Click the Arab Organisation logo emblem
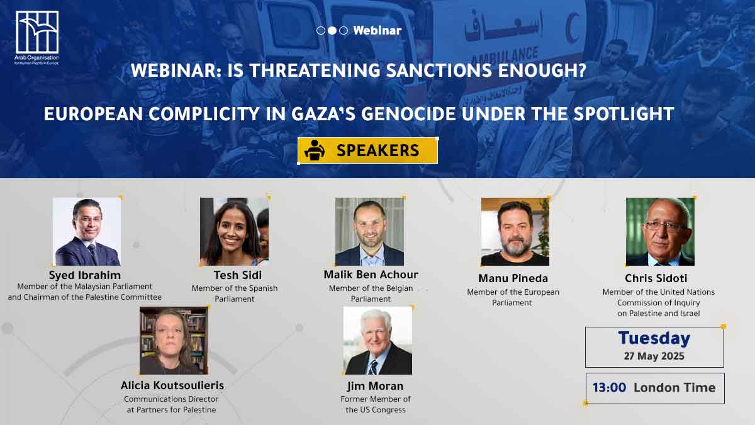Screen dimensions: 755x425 pyautogui.click(x=37, y=32)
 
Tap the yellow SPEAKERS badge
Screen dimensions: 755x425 pyautogui.click(x=367, y=150)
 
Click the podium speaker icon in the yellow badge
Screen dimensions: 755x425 pyautogui.click(x=315, y=150)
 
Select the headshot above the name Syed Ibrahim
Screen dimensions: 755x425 pyautogui.click(x=87, y=232)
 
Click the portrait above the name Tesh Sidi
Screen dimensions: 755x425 pyautogui.click(x=234, y=232)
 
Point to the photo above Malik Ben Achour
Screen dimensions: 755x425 pyautogui.click(x=369, y=232)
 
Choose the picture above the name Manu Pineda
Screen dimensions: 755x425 pyautogui.click(x=515, y=232)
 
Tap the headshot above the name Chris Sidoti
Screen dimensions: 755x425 pyautogui.click(x=660, y=232)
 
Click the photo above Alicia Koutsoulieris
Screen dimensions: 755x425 pyautogui.click(x=174, y=341)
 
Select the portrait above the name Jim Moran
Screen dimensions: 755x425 pyautogui.click(x=377, y=341)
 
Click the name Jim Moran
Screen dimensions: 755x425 pyautogui.click(x=375, y=386)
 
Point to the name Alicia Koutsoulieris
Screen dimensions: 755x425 pyautogui.click(x=172, y=385)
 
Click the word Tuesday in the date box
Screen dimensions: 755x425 pyautogui.click(x=654, y=339)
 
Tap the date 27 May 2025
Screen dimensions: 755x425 pyautogui.click(x=654, y=356)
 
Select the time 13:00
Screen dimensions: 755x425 pyautogui.click(x=610, y=388)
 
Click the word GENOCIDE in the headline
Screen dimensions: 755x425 pyautogui.click(x=408, y=114)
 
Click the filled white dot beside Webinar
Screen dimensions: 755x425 pyautogui.click(x=332, y=31)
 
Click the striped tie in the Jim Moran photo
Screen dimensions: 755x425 pyautogui.click(x=372, y=366)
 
